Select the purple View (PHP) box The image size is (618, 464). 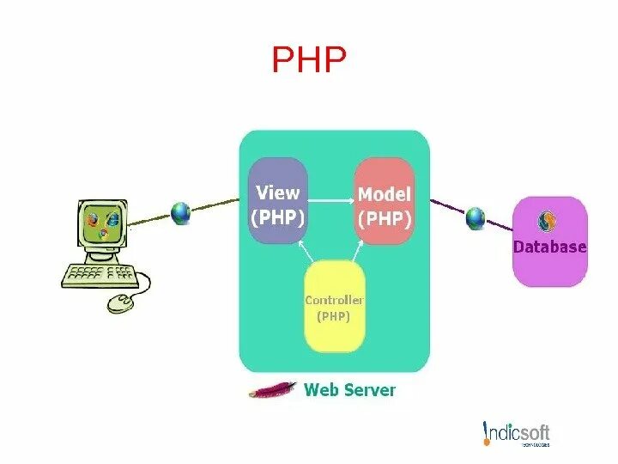pyautogui.click(x=277, y=201)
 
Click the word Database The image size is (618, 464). pyautogui.click(x=549, y=247)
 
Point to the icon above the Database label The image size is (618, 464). pyautogui.click(x=548, y=223)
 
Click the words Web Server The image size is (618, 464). pyautogui.click(x=350, y=390)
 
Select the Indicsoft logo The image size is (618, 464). pyautogui.click(x=516, y=434)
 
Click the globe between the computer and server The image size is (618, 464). pyautogui.click(x=181, y=212)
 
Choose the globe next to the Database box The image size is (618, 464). pyautogui.click(x=476, y=218)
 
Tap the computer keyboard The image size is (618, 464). pyautogui.click(x=100, y=275)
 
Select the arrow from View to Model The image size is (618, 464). pyautogui.click(x=330, y=201)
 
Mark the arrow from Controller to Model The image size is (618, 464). pyautogui.click(x=364, y=250)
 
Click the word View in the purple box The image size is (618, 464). pyautogui.click(x=277, y=192)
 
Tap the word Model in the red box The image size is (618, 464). pyautogui.click(x=385, y=195)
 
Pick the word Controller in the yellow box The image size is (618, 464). pyautogui.click(x=335, y=301)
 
